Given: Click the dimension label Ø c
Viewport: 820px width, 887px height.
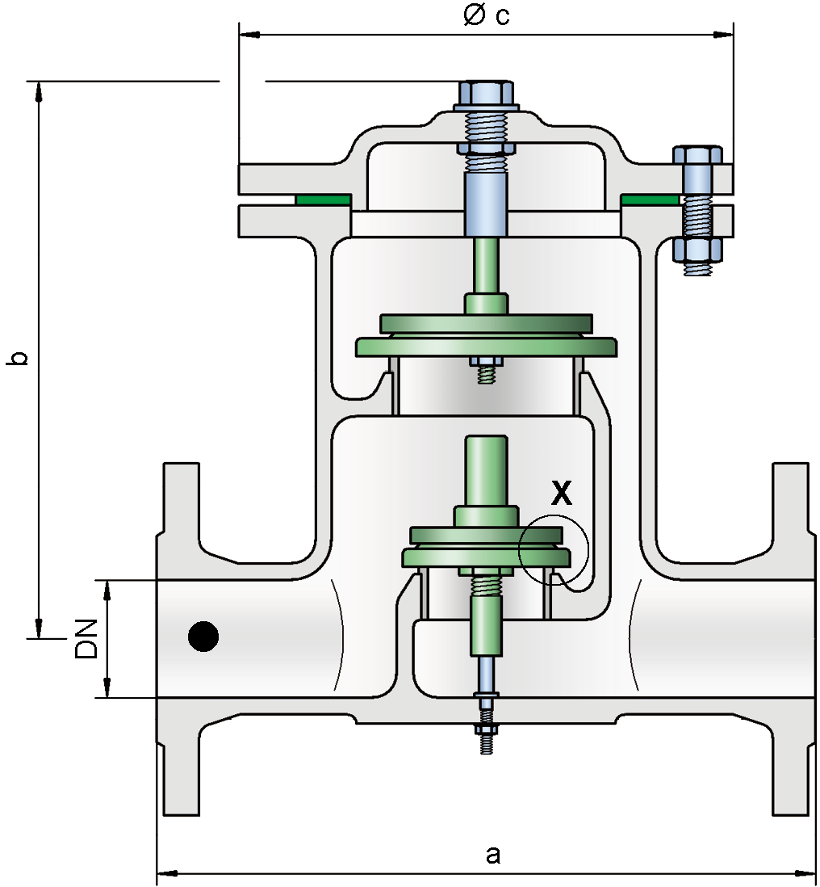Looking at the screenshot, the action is coord(486,15).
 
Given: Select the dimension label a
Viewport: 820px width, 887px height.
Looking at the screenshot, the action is coord(493,855).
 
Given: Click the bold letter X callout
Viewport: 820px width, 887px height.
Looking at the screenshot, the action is coord(561,492).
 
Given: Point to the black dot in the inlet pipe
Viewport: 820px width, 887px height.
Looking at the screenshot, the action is coord(203,637).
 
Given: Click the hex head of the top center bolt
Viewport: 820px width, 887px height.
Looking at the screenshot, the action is coord(486,95).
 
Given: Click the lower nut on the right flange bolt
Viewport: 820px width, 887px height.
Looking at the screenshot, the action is coord(697,250).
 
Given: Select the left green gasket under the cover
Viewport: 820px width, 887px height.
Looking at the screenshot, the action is coord(323,199).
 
